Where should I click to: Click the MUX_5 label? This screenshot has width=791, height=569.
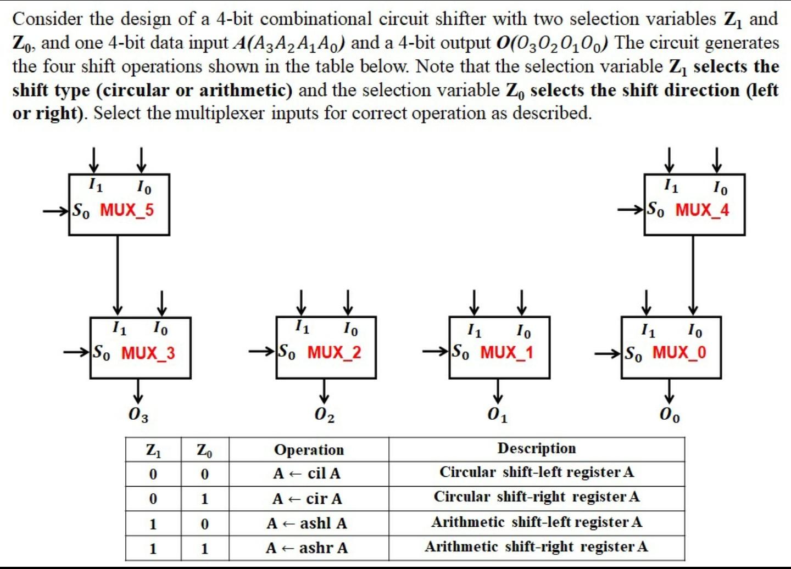(127, 210)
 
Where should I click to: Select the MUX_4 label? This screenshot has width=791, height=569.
(702, 210)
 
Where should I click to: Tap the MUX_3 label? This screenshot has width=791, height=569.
(148, 352)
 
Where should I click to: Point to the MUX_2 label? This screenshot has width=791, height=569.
(334, 352)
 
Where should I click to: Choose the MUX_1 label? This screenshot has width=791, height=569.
(506, 352)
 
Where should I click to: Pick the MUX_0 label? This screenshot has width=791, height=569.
(679, 352)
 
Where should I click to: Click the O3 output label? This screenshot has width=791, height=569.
(138, 415)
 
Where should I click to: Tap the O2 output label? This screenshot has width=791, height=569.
(324, 415)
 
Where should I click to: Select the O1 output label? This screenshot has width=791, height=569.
(497, 415)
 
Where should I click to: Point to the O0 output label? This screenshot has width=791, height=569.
(670, 415)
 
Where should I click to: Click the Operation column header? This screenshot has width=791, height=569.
(309, 450)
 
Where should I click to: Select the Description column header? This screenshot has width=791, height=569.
(537, 448)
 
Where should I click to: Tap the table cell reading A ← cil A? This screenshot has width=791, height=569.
(307, 473)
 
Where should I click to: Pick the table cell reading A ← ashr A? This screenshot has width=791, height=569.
(307, 548)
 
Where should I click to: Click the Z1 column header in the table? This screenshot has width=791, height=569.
(153, 450)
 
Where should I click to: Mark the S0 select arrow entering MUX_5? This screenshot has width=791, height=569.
(56, 210)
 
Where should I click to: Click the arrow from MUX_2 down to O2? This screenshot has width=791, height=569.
(324, 391)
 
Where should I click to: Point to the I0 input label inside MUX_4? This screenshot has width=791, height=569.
(720, 188)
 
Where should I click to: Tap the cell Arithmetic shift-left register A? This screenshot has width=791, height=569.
(537, 522)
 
